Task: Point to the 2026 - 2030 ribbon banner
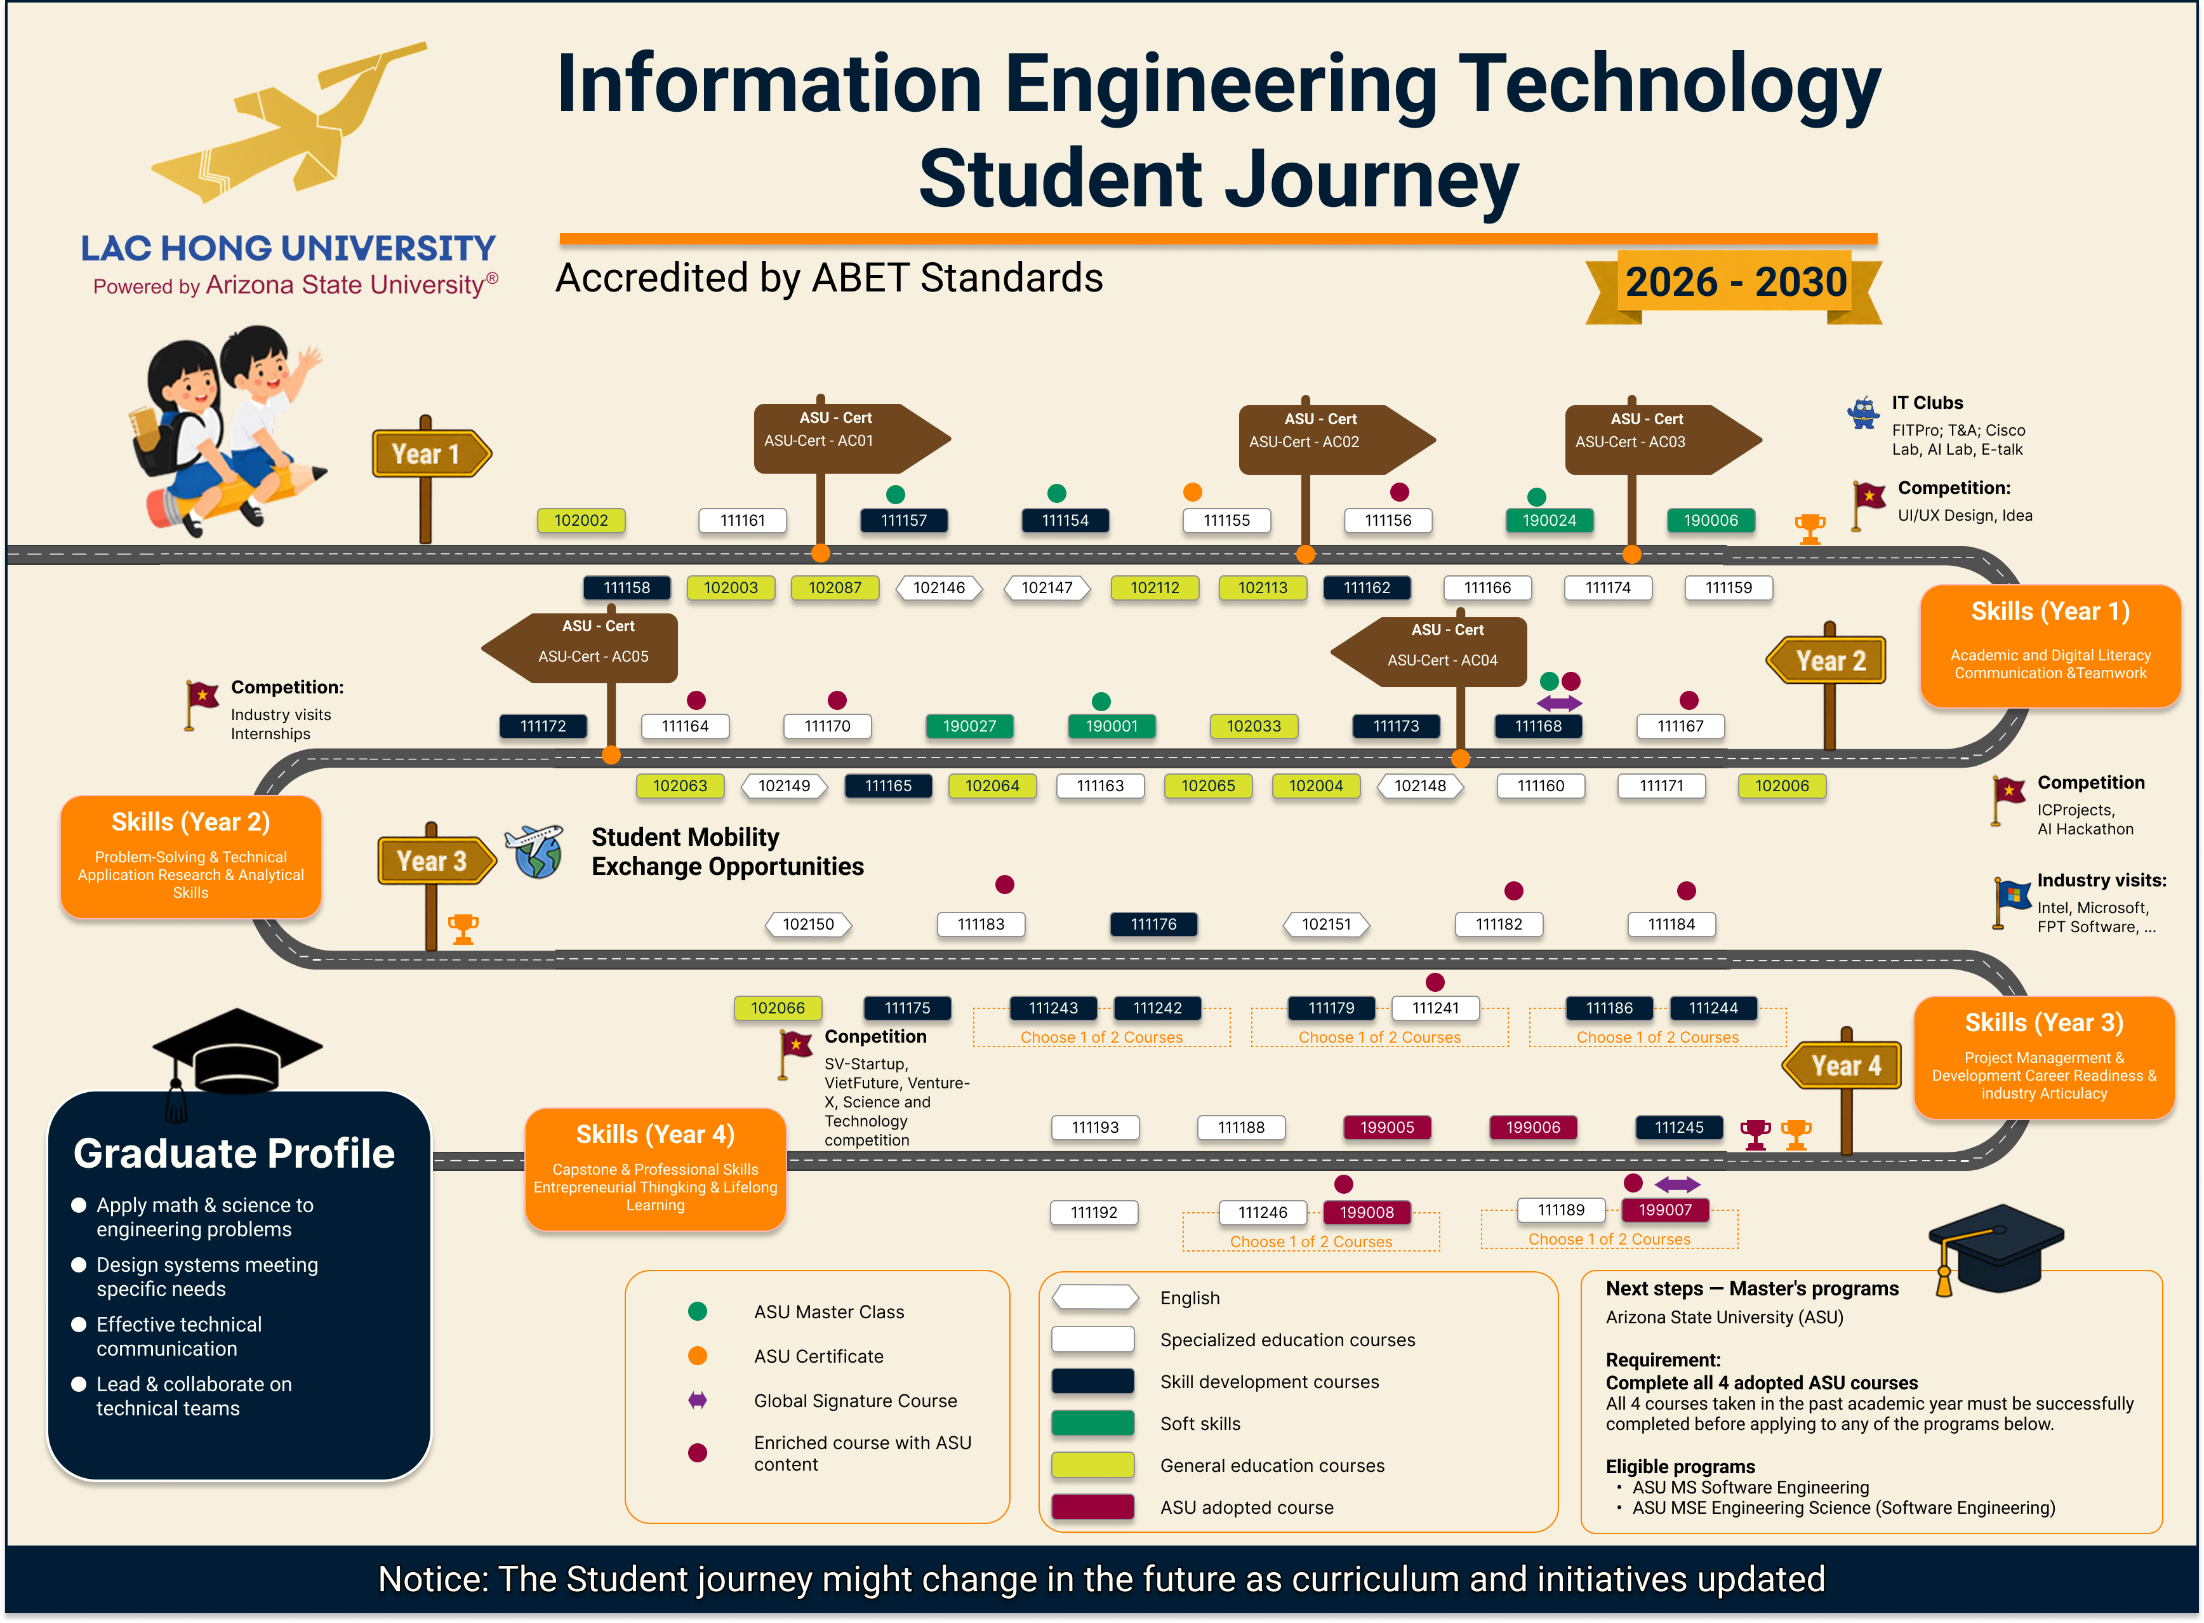coord(1734,285)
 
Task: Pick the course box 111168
coord(1538,726)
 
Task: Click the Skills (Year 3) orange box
coord(2044,1058)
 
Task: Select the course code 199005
coord(1387,1128)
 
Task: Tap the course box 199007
coord(1665,1210)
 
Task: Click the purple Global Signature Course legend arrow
coord(698,1400)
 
